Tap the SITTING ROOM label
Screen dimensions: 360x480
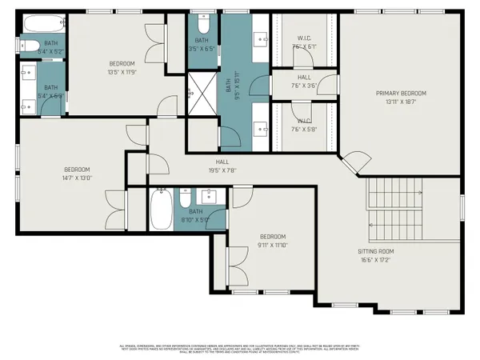[375, 251]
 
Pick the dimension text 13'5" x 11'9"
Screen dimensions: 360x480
[122, 70]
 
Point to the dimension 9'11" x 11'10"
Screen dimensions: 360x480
[272, 245]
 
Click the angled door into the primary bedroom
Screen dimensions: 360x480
[354, 162]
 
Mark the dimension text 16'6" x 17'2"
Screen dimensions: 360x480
[375, 259]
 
